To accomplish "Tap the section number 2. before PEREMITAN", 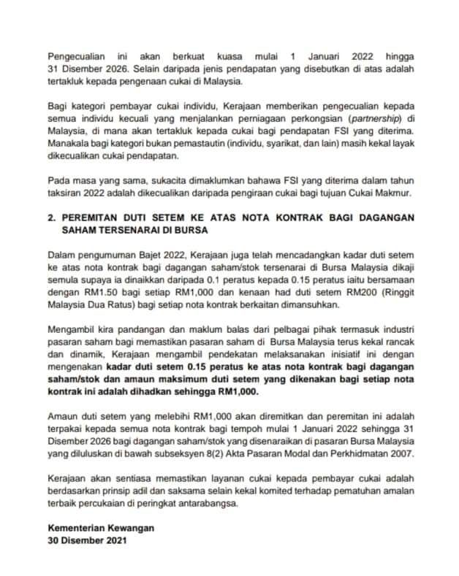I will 51,217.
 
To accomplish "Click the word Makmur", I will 396,193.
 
